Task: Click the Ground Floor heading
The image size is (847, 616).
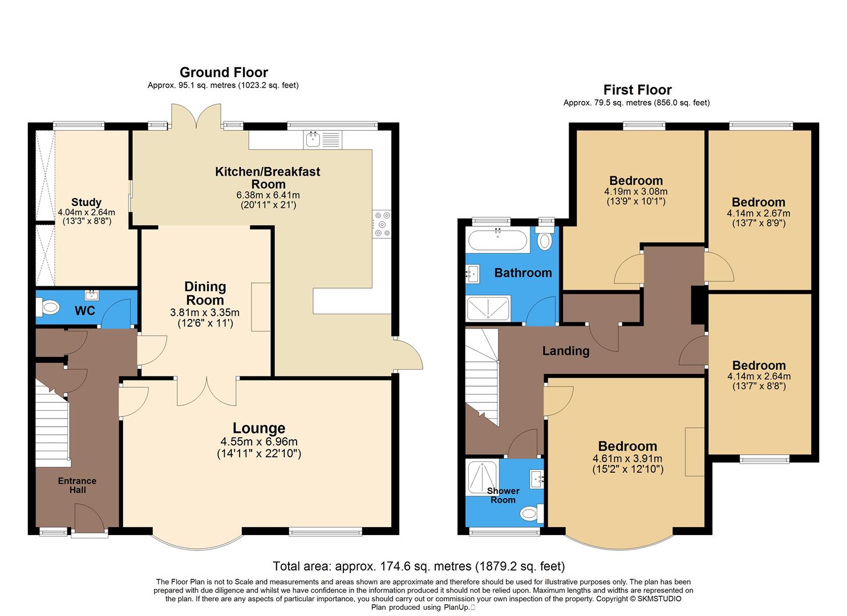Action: [x=224, y=72]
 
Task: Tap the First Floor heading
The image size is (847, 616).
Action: [x=637, y=90]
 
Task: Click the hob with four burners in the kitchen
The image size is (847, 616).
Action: [x=382, y=224]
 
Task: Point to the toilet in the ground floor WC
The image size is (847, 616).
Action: [x=48, y=308]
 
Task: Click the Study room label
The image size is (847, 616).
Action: [x=86, y=202]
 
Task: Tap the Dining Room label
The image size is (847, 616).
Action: [x=205, y=293]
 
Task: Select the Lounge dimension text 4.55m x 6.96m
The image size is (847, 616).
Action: [x=258, y=442]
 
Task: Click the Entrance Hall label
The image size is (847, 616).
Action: [x=77, y=485]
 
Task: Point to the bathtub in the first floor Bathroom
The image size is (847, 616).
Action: [x=498, y=240]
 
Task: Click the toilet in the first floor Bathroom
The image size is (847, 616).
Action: [x=545, y=241]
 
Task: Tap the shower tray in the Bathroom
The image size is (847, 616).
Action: [x=488, y=309]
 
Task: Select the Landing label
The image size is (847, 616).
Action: [x=565, y=351]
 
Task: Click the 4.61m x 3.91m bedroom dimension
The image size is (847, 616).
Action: [x=627, y=459]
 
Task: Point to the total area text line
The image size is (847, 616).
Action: [x=419, y=566]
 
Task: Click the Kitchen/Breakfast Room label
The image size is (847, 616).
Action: [x=268, y=178]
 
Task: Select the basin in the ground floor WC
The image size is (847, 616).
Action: [x=91, y=295]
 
